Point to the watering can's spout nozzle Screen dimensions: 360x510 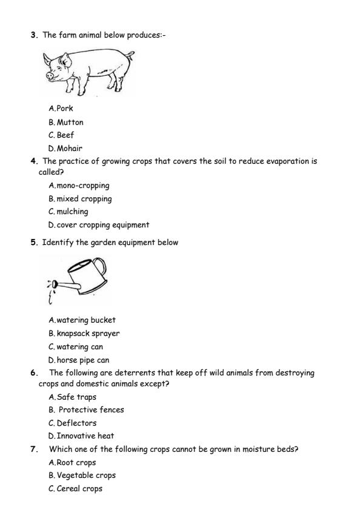tap(54, 283)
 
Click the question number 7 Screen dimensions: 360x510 tap(33, 449)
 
